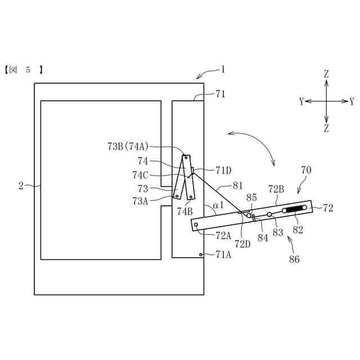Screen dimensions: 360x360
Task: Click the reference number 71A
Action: (x=224, y=255)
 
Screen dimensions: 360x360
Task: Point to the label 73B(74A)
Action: (x=128, y=146)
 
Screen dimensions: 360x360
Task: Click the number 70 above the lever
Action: (x=306, y=169)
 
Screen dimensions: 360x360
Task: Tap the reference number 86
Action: (x=295, y=260)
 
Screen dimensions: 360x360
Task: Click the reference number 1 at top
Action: (x=223, y=70)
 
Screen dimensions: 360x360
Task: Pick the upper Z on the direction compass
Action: (x=326, y=74)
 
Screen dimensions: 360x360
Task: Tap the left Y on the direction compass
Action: (x=301, y=102)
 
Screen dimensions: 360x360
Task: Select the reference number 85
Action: (x=251, y=197)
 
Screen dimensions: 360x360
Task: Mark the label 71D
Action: (x=223, y=169)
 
